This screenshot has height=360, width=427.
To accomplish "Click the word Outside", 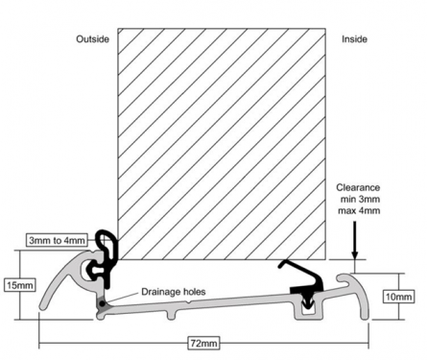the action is pos(92,39).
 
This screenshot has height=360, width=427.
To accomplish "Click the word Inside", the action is pos(354,39).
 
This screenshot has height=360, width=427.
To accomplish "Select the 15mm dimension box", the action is pos(20,285).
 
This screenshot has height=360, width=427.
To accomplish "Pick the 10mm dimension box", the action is pos(398,297).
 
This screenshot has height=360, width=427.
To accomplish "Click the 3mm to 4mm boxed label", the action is pos(57,240).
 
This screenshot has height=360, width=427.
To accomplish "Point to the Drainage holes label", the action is pos(174,292).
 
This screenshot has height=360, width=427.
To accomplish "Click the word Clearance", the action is pos(358,187).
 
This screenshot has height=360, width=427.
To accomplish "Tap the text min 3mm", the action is pos(360,199).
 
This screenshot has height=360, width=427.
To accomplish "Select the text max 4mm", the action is pos(359,210).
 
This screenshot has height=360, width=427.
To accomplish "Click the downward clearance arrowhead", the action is pos(354,254).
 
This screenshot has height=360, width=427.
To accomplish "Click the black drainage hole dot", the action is pos(102,303).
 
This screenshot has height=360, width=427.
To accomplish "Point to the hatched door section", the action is pos(222,144).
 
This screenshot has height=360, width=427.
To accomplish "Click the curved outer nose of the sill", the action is pos(59,276).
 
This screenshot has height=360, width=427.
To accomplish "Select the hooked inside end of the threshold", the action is pos(355,288).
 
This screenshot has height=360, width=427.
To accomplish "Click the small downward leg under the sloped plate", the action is pos(172,314).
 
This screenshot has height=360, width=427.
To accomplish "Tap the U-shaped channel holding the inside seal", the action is pos(308,310).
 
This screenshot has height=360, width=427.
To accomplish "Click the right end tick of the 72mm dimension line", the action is pos(368,344).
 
